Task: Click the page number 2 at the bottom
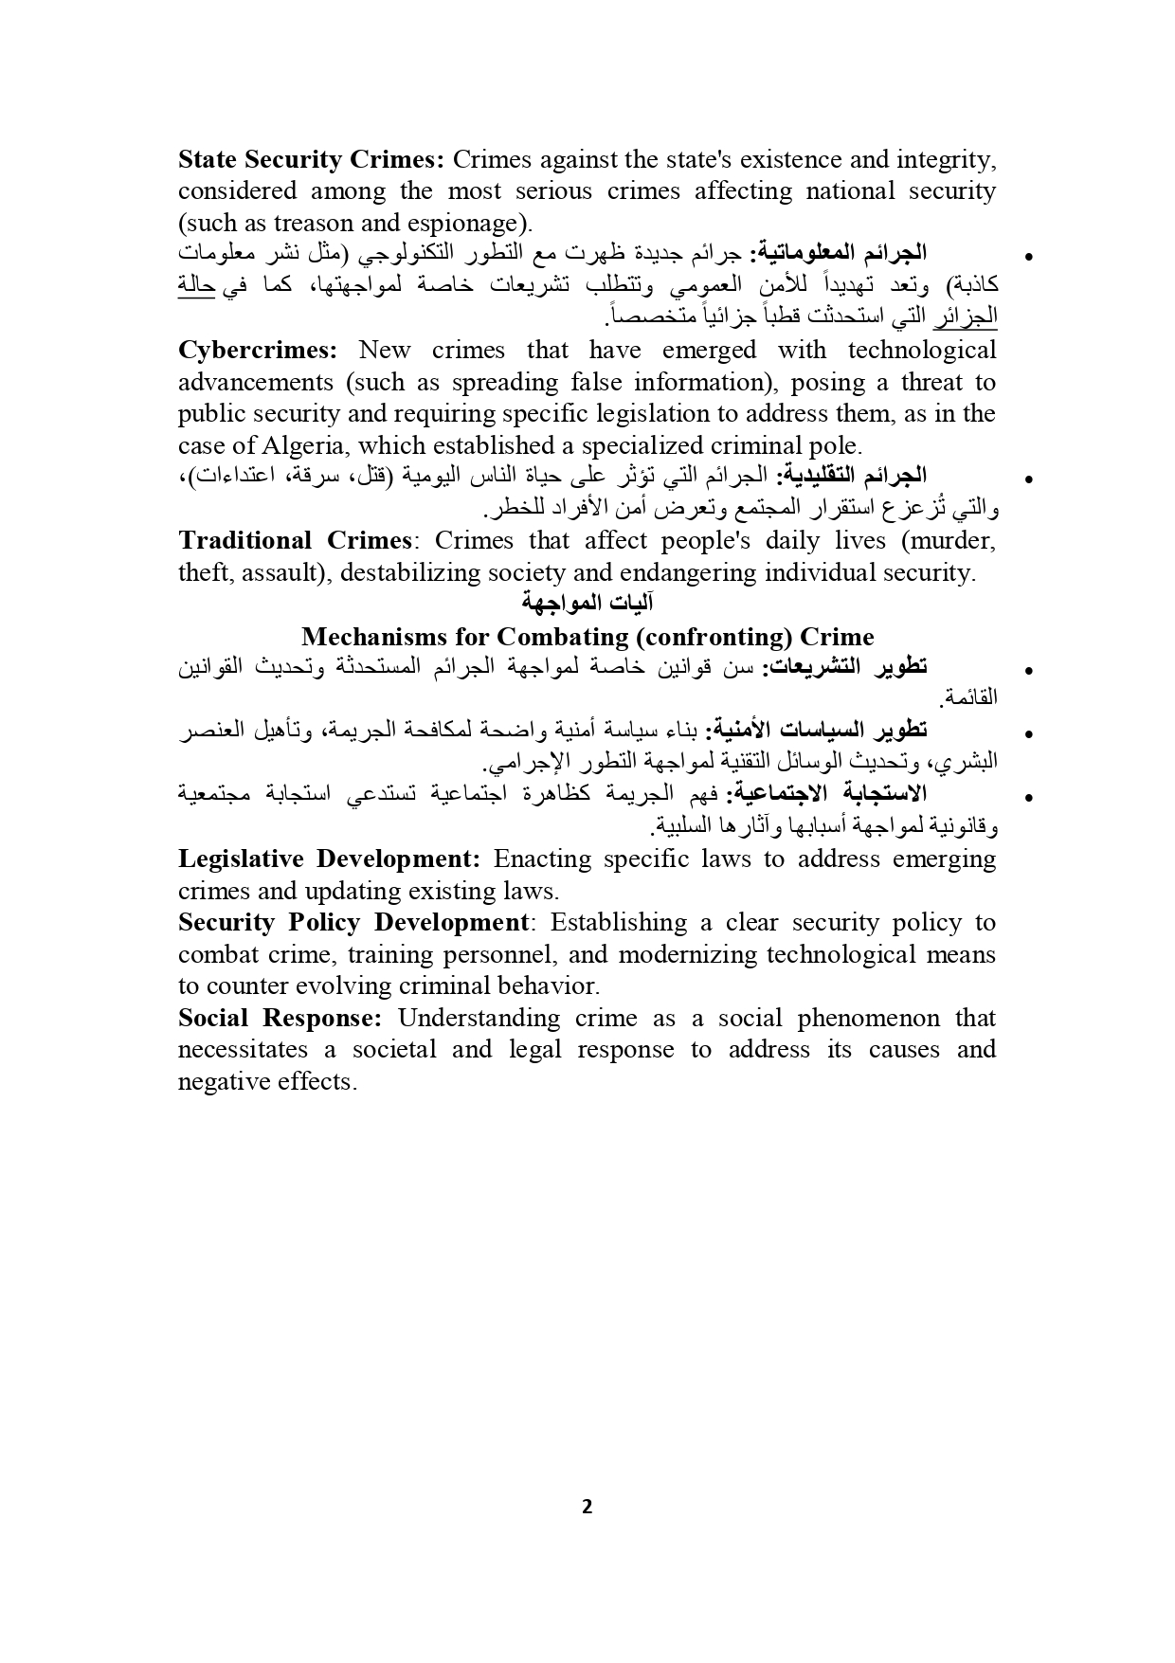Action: coord(587,1507)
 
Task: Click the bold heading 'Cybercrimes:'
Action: coord(258,351)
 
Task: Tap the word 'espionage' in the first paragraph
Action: coord(462,224)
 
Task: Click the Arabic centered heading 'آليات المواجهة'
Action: coord(587,605)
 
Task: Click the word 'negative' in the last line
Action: coord(218,1082)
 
